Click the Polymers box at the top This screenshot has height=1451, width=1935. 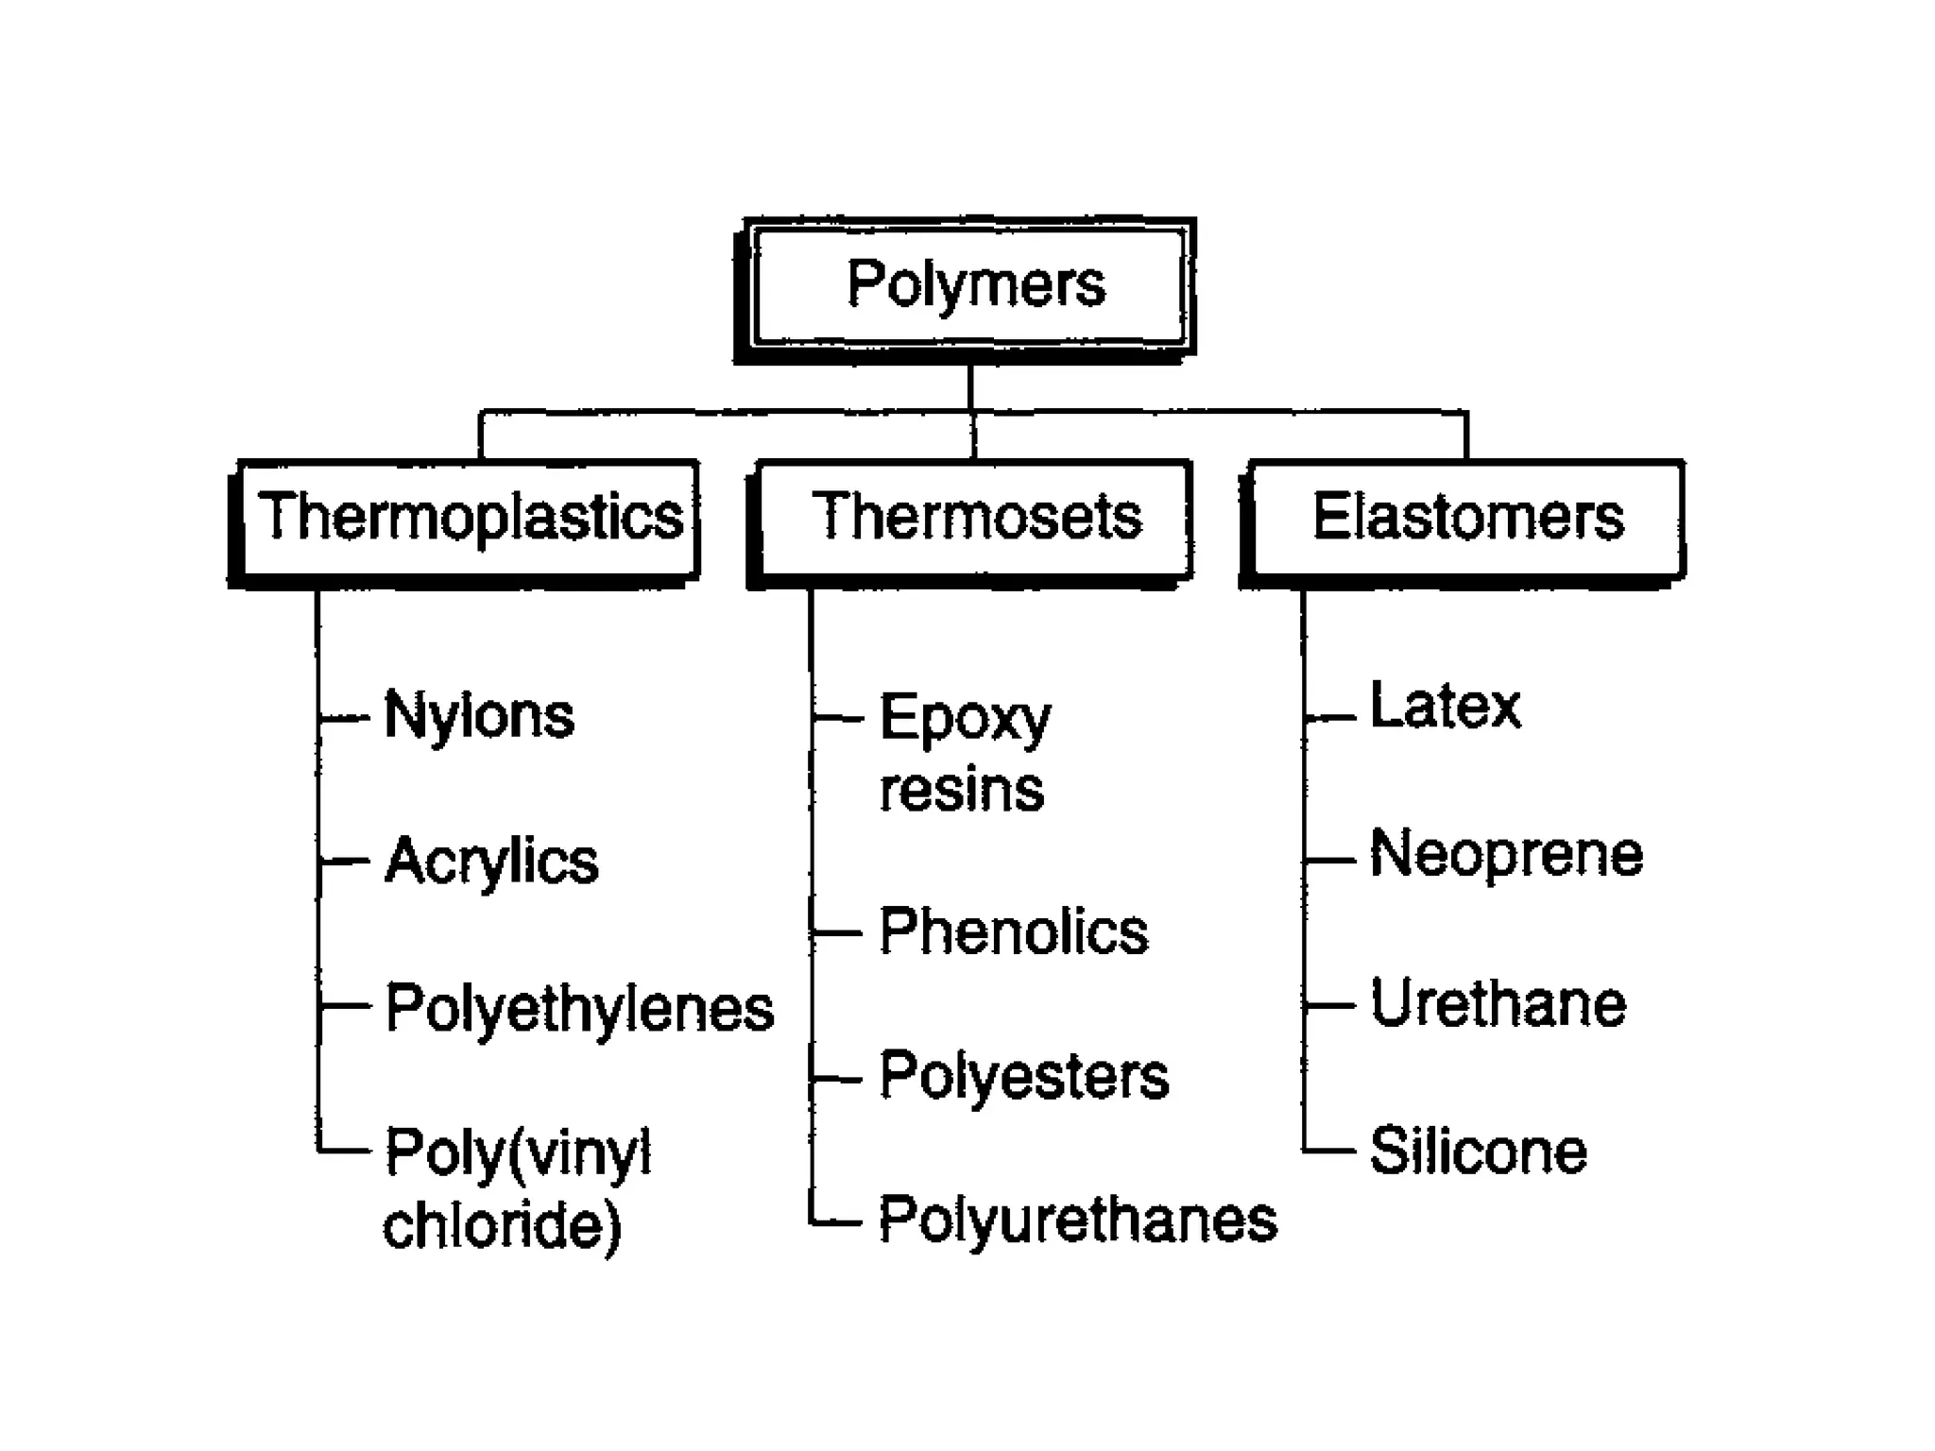point(969,286)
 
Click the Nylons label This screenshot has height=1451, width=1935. point(479,715)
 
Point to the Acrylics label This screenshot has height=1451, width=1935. point(491,861)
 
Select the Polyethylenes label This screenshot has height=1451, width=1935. point(579,1008)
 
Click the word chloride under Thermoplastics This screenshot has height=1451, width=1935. point(502,1225)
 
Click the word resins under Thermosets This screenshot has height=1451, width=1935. point(962,790)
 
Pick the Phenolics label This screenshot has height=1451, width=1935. point(1014,931)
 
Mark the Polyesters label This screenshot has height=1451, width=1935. point(1024,1076)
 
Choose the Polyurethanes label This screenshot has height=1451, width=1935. point(1078,1220)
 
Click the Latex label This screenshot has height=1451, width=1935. point(1446,707)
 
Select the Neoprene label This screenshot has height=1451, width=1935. point(1507,854)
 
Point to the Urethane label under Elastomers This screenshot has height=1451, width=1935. point(1498,1003)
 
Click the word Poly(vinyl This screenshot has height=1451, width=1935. point(518,1152)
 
